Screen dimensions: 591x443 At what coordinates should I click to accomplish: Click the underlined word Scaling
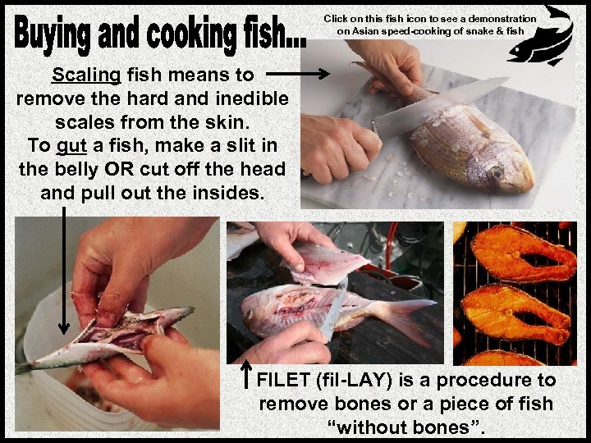pyautogui.click(x=86, y=75)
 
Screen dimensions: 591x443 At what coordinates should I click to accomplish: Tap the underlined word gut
pyautogui.click(x=71, y=146)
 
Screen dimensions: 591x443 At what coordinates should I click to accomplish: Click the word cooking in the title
pyautogui.click(x=191, y=34)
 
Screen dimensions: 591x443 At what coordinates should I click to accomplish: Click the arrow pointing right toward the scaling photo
pyautogui.click(x=298, y=74)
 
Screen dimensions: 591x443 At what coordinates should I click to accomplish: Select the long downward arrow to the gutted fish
pyautogui.click(x=64, y=271)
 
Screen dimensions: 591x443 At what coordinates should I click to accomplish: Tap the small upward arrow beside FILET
pyautogui.click(x=246, y=374)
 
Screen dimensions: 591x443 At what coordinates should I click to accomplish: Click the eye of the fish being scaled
pyautogui.click(x=496, y=172)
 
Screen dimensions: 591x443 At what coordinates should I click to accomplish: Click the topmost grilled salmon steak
pyautogui.click(x=524, y=253)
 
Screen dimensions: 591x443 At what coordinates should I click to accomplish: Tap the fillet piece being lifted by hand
pyautogui.click(x=328, y=264)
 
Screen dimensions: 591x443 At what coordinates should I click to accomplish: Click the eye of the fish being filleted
pyautogui.click(x=249, y=313)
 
